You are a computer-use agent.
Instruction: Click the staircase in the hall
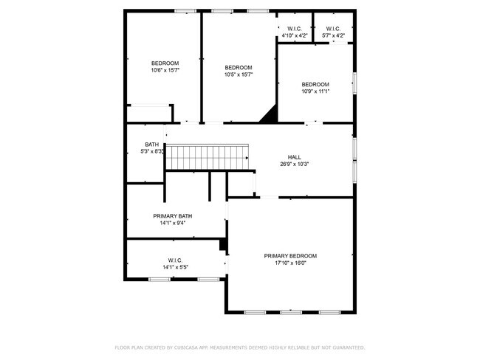coord(208,157)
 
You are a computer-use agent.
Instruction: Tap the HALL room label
coord(294,156)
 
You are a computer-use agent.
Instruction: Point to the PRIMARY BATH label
coord(173,216)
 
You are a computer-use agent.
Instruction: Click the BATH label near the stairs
coord(151,145)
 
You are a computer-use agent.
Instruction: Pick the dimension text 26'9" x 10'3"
coord(294,164)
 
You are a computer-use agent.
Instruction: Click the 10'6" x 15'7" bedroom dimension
coord(165,71)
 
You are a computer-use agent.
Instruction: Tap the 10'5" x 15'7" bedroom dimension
coord(239,75)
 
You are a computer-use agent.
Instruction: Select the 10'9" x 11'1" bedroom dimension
coord(315,91)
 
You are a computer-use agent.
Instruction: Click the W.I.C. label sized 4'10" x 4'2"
coord(294,30)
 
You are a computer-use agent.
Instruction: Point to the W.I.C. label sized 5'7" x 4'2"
coord(333,30)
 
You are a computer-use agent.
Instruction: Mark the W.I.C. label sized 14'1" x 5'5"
coord(176,260)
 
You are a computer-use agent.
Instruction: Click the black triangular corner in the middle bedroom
coord(270,115)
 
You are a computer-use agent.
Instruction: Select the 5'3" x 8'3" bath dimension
coord(151,151)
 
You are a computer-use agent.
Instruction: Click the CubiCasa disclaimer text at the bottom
coord(240,347)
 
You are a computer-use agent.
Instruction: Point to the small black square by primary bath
coord(222,245)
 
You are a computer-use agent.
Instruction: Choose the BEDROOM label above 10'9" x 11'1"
coord(315,84)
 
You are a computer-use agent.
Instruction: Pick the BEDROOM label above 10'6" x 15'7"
coord(165,63)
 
